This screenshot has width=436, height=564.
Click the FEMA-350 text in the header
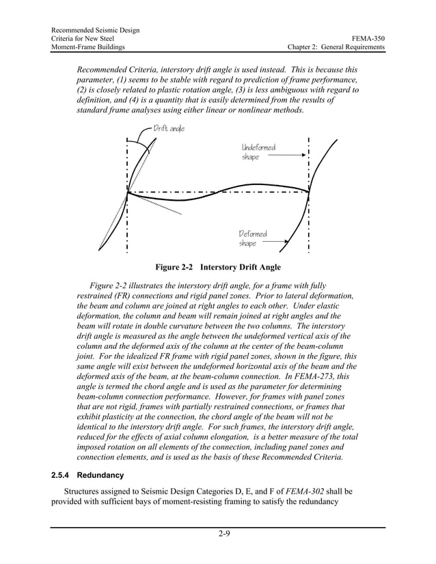point(369,39)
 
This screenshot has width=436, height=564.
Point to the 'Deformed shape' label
point(253,239)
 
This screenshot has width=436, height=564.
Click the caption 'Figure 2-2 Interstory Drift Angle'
point(217,267)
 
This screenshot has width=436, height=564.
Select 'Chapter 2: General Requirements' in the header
point(336,47)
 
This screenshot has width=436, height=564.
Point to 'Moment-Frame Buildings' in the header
point(88,47)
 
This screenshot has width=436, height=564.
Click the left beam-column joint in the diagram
point(128,192)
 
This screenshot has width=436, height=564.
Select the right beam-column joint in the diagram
point(309,192)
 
